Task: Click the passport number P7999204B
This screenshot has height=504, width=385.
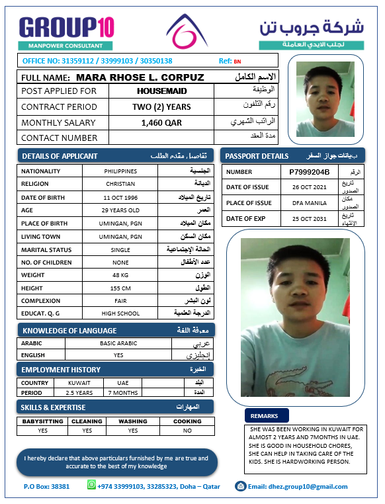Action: [x=309, y=172]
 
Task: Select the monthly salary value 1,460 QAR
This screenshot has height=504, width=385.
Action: [x=161, y=122]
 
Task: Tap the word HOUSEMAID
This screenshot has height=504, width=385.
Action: [x=161, y=91]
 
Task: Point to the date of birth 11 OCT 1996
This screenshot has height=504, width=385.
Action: [x=120, y=198]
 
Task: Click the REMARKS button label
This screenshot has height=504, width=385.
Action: [x=267, y=416]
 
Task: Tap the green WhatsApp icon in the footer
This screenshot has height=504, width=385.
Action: [x=91, y=485]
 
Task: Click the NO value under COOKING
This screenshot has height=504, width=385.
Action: [x=187, y=431]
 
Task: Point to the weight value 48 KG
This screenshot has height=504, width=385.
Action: [x=120, y=274]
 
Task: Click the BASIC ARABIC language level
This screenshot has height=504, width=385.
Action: [x=118, y=343]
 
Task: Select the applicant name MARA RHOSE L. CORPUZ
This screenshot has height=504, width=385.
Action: [x=140, y=77]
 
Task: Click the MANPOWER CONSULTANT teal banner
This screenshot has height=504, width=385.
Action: [x=66, y=46]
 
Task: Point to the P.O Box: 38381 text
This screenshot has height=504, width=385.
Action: [x=46, y=486]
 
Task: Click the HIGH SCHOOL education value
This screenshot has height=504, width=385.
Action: [x=120, y=314]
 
